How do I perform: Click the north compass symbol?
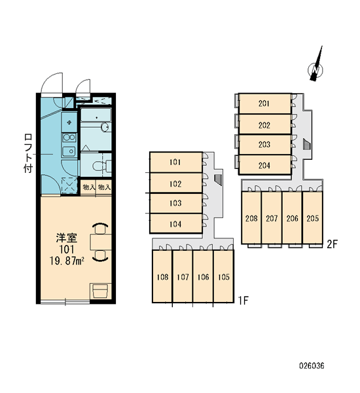point(315,68)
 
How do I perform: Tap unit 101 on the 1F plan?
point(176,162)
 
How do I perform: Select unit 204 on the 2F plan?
point(265,165)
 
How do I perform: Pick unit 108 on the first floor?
point(162,276)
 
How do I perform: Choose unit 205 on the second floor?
point(313,218)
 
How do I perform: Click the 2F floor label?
point(333,244)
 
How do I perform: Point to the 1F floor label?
point(243,300)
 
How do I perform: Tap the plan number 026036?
point(312,365)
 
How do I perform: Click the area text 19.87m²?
point(66,261)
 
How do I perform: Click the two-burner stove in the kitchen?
point(69,138)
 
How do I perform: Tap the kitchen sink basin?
point(69,151)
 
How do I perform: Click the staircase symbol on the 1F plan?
point(218,179)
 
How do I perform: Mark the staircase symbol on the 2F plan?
point(306,144)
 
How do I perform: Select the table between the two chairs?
point(101,242)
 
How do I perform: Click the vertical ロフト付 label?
point(28,153)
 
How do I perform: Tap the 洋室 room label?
point(66,238)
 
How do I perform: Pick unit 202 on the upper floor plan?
point(265,124)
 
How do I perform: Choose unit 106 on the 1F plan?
point(203,276)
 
